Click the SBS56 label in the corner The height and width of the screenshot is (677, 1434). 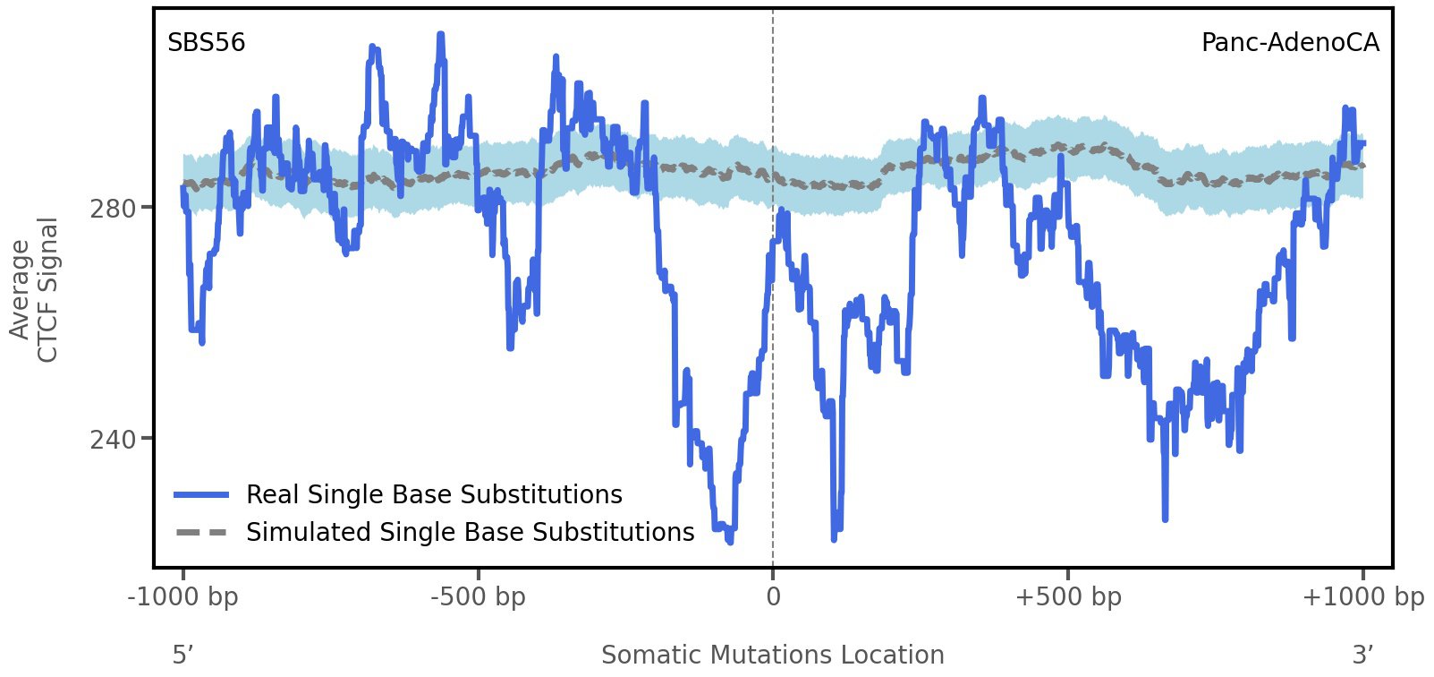[206, 43]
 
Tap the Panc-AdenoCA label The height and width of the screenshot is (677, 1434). [1289, 43]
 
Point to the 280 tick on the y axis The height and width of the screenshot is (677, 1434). [113, 209]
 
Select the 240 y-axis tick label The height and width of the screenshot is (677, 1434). [113, 440]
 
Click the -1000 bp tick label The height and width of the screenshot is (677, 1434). [183, 597]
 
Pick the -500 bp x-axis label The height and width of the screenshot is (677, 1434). [478, 597]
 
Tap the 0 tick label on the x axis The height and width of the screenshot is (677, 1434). [773, 597]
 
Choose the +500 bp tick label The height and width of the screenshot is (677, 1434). [1068, 597]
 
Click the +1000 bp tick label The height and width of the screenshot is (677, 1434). [1362, 597]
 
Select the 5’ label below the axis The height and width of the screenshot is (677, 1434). [182, 655]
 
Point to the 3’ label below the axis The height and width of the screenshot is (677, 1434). [1362, 655]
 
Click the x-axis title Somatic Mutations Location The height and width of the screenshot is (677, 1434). [772, 655]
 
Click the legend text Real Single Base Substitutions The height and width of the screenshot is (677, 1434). [434, 494]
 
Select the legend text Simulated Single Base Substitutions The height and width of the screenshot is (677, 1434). [470, 532]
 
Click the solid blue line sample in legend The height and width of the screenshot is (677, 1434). [202, 494]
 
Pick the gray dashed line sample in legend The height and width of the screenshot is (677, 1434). [202, 532]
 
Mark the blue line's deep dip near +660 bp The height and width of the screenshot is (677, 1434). [1165, 518]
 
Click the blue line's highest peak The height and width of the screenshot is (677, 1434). [440, 35]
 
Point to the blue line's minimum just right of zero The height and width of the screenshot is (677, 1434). [834, 538]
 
